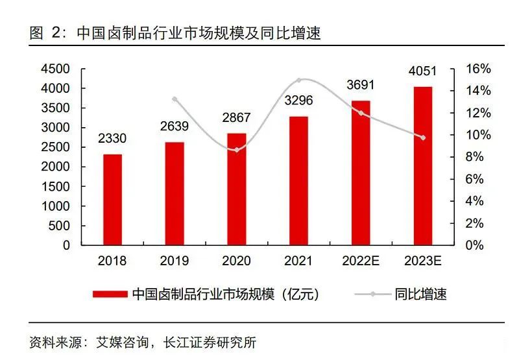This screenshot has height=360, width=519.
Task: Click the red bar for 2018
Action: [x=112, y=200]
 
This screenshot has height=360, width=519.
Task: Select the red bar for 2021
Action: [x=298, y=181]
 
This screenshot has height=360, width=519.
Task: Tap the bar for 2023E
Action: [x=423, y=166]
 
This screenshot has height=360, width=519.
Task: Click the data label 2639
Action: [x=175, y=125]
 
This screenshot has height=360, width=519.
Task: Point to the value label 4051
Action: [x=423, y=70]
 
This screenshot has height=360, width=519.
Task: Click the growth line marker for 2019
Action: [x=175, y=99]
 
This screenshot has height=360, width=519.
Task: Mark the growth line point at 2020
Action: [x=237, y=150]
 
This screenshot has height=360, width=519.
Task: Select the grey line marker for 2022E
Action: [x=361, y=113]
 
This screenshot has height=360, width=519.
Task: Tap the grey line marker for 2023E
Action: [x=423, y=138]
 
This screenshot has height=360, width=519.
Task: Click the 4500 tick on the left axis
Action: [x=56, y=69]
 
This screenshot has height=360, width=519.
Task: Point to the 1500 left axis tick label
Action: [x=56, y=187]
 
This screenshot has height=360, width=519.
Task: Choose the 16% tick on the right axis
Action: [x=479, y=69]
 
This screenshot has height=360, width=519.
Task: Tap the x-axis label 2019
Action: [x=175, y=261]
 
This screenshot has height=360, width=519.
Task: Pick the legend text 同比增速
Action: [x=420, y=294]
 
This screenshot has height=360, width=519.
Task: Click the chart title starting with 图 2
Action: [x=175, y=32]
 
